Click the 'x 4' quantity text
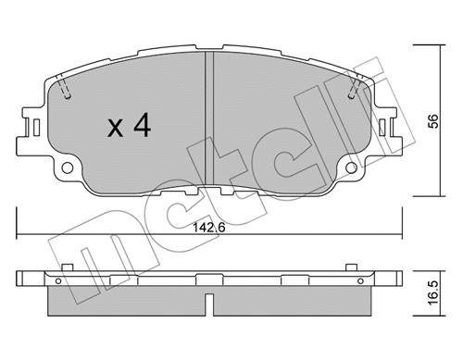coord(129,127)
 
